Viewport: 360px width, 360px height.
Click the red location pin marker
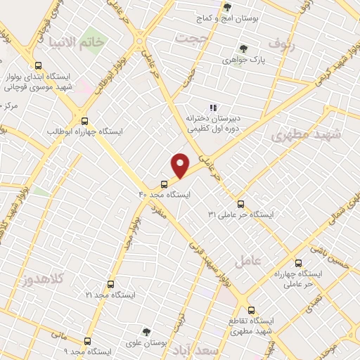[181, 165]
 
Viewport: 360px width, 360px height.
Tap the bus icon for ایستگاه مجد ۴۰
[165, 184]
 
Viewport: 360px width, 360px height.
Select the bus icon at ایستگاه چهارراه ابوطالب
[84, 120]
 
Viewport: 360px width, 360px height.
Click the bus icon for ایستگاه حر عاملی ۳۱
[241, 203]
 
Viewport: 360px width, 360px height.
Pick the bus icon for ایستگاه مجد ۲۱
[110, 285]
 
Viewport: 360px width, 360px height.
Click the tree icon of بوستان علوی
[146, 331]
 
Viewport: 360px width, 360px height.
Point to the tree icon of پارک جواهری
[243, 49]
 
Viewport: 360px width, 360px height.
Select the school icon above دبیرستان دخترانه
[212, 108]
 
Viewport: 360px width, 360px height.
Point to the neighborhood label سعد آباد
[219, 349]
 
